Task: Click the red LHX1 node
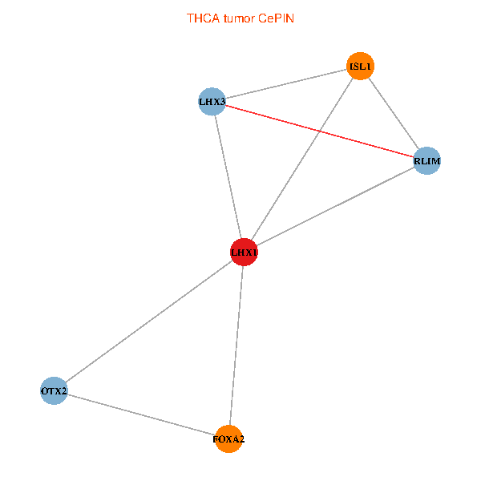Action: (x=244, y=252)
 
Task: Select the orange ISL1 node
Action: (x=360, y=66)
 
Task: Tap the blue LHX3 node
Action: (x=212, y=102)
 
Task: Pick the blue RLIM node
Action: (x=426, y=161)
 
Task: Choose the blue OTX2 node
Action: (x=54, y=390)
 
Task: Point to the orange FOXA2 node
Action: (x=228, y=439)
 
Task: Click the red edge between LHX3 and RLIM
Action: (x=319, y=131)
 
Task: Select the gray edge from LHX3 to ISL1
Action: (x=286, y=83)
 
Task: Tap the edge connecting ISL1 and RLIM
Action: (x=394, y=114)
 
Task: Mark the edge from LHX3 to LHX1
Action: (x=228, y=176)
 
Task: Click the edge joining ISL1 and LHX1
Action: (x=302, y=159)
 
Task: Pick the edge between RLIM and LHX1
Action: (x=335, y=206)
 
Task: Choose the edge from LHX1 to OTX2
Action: (x=149, y=321)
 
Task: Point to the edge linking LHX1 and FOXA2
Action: (x=236, y=346)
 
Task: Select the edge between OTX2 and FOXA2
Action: (x=141, y=414)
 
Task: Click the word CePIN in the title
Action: (x=276, y=18)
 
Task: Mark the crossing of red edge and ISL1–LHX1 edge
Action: (x=319, y=131)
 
